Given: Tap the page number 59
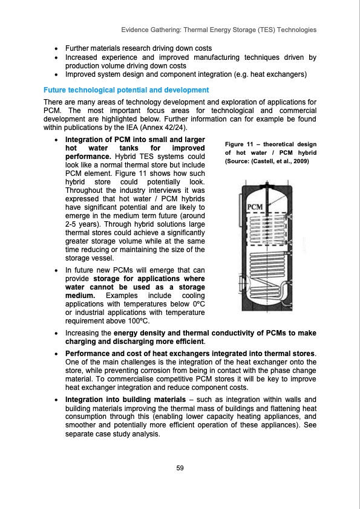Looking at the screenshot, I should [x=180, y=468].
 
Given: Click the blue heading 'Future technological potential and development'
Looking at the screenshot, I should [x=126, y=90].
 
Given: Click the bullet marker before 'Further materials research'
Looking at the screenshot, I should [x=56, y=47].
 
